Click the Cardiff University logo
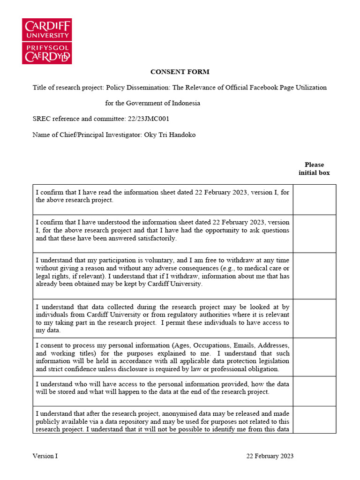[47, 41]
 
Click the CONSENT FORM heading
[180, 72]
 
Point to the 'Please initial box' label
[314, 169]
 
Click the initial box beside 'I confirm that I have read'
[315, 200]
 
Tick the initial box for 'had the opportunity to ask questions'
[315, 233]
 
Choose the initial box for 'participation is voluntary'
[315, 276]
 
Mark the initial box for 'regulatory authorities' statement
[315, 318]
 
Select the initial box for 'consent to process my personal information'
[315, 357]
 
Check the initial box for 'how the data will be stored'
[315, 391]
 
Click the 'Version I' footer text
[45, 456]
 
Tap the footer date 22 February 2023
[270, 456]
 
